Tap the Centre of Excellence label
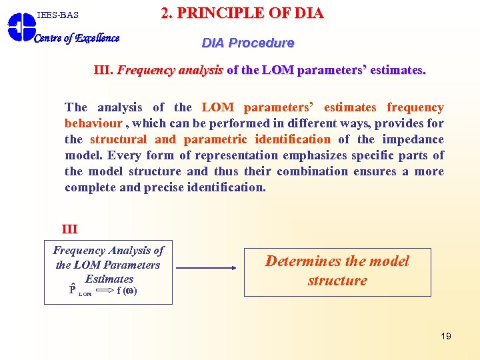click(77, 38)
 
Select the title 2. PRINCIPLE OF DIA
click(242, 13)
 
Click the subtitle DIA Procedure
click(248, 43)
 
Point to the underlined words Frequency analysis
click(170, 70)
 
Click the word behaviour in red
click(93, 123)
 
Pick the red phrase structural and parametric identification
click(210, 139)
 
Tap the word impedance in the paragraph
click(417, 139)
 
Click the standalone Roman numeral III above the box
click(69, 229)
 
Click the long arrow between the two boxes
click(207, 269)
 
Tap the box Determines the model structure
click(337, 271)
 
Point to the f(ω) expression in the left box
click(127, 291)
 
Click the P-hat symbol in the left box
click(72, 290)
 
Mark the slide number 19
click(446, 336)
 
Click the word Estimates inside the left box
click(109, 279)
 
